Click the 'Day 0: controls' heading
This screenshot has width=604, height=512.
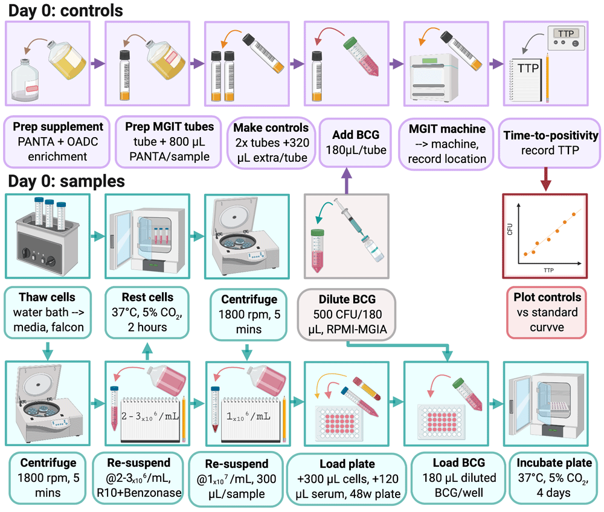point(65,10)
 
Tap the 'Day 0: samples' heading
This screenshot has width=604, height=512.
point(66,181)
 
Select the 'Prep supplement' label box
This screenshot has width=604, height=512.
point(57,142)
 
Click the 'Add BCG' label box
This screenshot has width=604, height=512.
point(356,142)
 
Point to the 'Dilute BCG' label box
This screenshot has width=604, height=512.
point(347,315)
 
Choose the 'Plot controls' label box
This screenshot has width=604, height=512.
point(547,312)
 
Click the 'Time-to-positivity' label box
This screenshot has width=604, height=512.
point(550,143)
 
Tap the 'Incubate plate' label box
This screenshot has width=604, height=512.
point(553,478)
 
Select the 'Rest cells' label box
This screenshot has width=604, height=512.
point(147,312)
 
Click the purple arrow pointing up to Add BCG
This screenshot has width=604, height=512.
point(347,181)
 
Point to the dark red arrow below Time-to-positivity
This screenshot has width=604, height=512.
point(545,179)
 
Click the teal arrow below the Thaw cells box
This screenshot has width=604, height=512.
point(48,350)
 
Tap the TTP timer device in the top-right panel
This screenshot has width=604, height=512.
point(566,37)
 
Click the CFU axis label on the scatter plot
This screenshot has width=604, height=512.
point(510,229)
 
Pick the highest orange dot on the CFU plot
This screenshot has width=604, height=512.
point(574,214)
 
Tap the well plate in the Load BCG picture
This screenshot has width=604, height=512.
point(440,422)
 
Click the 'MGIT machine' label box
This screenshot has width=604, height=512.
point(446,144)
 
